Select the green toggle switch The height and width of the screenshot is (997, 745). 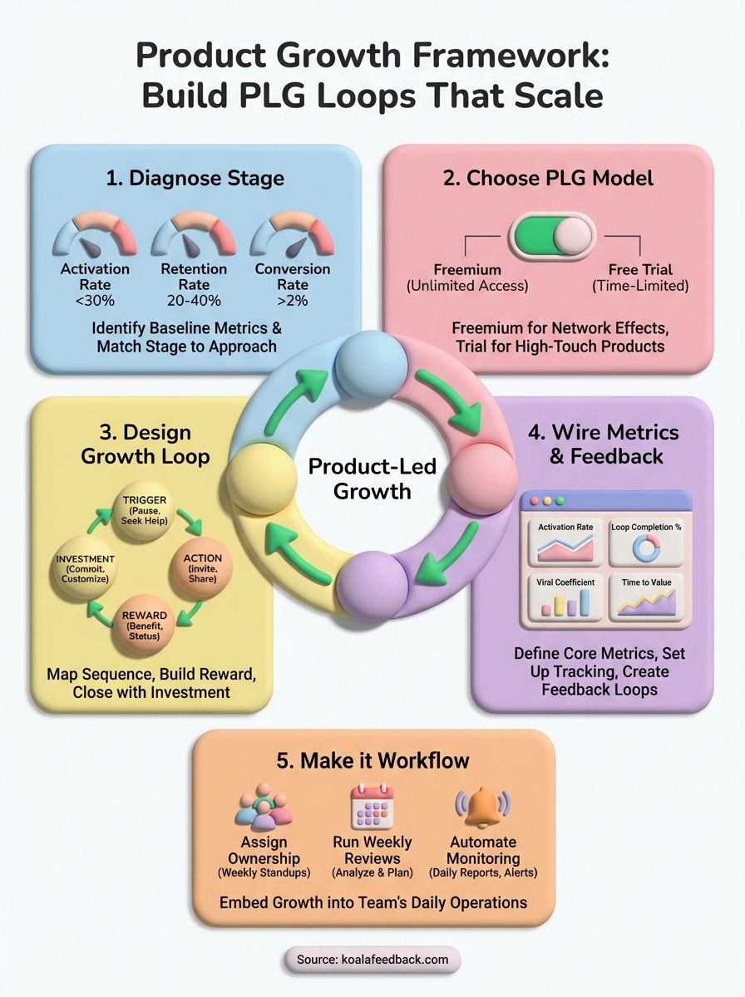click(x=552, y=236)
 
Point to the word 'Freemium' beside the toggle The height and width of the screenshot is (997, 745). click(x=467, y=270)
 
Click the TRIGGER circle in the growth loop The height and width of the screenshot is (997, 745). click(x=146, y=510)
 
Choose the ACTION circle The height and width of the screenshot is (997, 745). click(x=202, y=568)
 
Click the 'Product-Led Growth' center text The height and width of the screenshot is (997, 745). click(x=372, y=479)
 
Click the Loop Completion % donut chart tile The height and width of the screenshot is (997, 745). click(x=645, y=543)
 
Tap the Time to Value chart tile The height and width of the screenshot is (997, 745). click(x=645, y=598)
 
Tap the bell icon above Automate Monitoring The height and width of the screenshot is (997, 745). click(x=482, y=808)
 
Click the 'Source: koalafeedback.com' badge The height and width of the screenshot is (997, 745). click(x=372, y=959)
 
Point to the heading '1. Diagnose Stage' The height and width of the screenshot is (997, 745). click(x=195, y=178)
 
